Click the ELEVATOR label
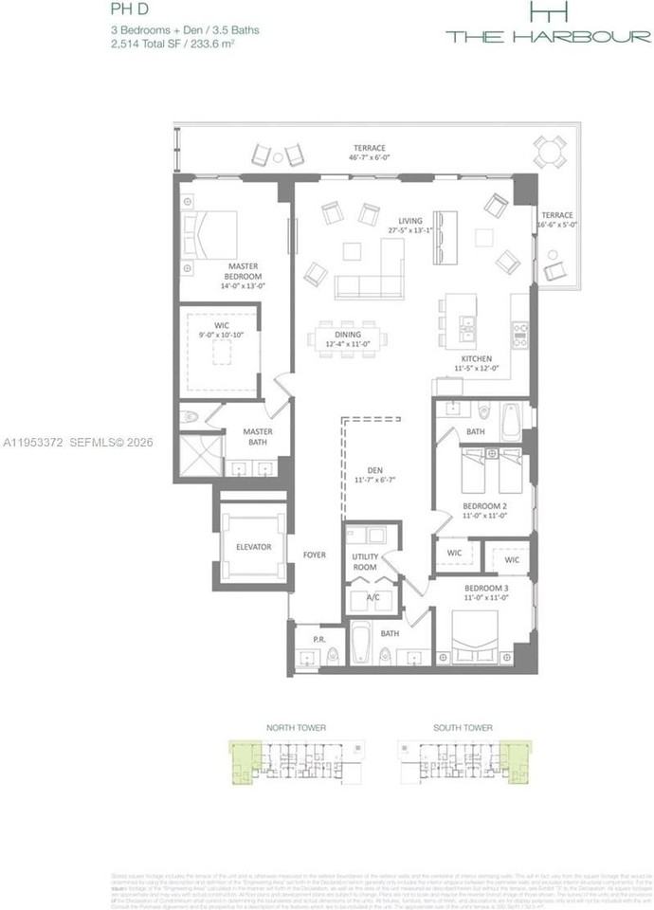tap(253, 547)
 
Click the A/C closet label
tap(372, 598)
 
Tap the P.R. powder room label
tap(318, 640)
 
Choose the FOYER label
tap(314, 555)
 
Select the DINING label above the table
tap(348, 334)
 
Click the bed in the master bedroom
tap(210, 233)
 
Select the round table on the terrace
tap(550, 152)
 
